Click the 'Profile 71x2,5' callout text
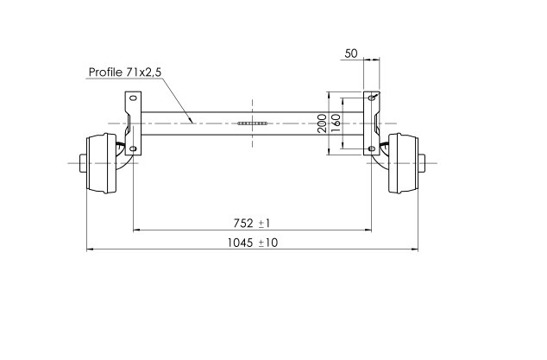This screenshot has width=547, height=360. coord(126,73)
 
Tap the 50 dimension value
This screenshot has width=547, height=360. coord(351,54)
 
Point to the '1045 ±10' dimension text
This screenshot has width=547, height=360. coord(253,243)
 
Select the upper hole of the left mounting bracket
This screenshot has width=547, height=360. coord(133,100)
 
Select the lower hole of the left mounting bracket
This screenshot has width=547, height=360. coord(133,148)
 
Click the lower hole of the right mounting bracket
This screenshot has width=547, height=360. coord(372,148)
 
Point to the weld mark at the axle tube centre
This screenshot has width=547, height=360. coord(253,124)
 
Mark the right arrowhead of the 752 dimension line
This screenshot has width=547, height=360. coord(371,230)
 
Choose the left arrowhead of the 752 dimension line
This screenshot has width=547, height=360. coord(134,230)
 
